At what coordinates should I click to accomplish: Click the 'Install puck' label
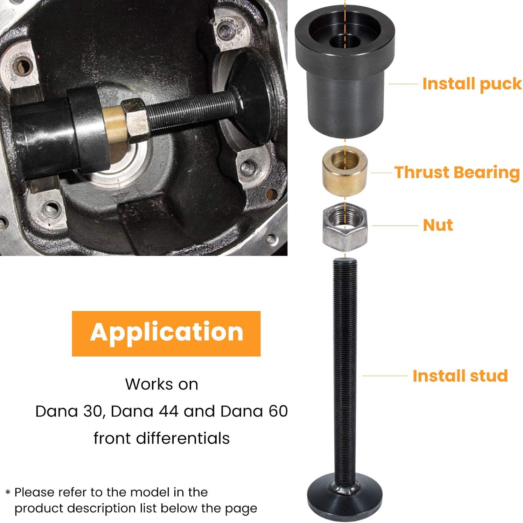click(x=472, y=84)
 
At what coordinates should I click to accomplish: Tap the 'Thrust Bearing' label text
click(x=457, y=172)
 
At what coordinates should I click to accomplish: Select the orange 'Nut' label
click(x=438, y=225)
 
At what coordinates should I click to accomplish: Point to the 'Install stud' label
click(x=460, y=376)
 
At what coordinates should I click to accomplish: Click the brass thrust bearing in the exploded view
click(x=345, y=171)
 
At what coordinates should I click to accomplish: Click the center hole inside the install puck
click(x=345, y=41)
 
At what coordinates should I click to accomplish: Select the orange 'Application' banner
click(x=166, y=333)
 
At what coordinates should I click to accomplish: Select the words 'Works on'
click(x=162, y=384)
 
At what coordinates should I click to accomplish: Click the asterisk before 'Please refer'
click(x=8, y=493)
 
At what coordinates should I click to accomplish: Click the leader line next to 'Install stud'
click(x=385, y=376)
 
